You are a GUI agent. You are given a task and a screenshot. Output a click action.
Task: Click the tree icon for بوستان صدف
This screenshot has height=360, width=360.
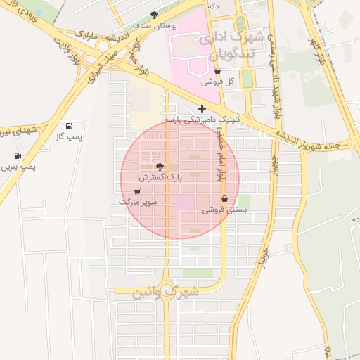[x=154, y=15]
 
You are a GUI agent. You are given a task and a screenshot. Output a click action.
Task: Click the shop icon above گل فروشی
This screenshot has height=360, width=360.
[x=217, y=71]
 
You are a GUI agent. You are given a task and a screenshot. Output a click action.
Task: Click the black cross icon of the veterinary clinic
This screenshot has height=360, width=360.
[x=202, y=108]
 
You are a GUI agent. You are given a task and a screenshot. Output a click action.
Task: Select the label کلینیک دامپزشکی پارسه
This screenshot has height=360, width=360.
[x=202, y=120]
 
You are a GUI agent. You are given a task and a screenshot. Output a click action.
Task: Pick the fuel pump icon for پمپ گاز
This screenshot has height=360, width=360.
[x=69, y=126]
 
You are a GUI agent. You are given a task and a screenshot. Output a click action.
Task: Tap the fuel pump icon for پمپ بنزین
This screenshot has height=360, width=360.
[x=18, y=156]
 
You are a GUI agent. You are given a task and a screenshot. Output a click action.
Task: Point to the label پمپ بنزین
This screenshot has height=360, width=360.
[x=18, y=167]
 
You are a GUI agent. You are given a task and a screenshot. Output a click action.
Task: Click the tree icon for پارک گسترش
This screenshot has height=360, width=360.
[x=160, y=167]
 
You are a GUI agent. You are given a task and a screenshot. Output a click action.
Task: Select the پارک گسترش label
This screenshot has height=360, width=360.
[x=160, y=178]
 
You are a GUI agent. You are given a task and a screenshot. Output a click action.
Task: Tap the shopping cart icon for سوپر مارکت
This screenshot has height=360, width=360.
[x=137, y=191]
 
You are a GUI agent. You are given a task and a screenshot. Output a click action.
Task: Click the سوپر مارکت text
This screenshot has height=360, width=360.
[x=138, y=202]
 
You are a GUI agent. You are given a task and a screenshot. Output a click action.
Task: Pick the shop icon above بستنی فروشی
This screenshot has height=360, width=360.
[x=224, y=199]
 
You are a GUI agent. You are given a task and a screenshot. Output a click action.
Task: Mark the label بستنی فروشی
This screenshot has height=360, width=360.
[x=224, y=210]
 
